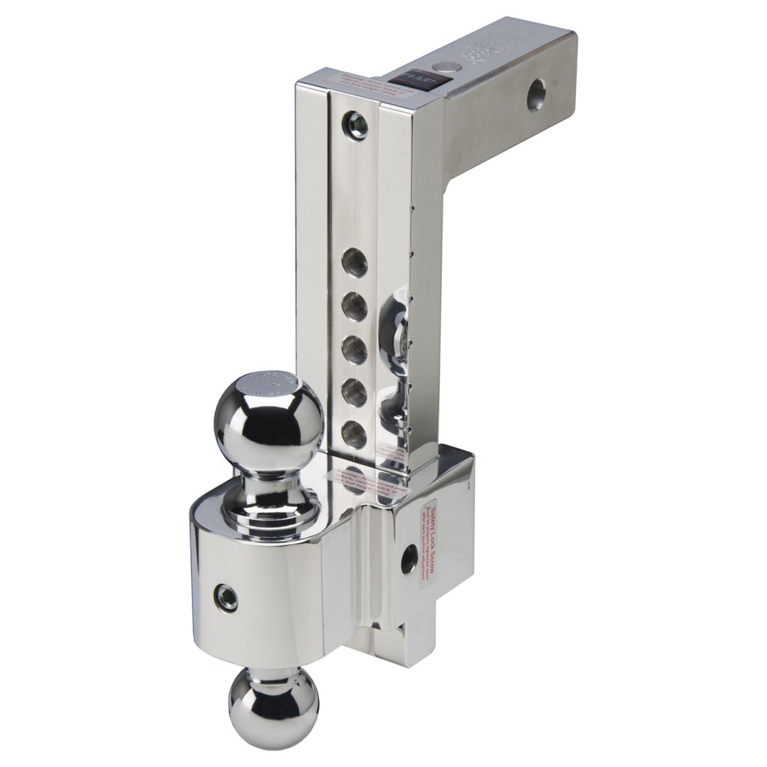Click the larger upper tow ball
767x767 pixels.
268,419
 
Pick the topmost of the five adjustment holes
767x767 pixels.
353,264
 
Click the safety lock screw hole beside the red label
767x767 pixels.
409,556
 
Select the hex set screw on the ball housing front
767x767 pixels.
227,596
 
